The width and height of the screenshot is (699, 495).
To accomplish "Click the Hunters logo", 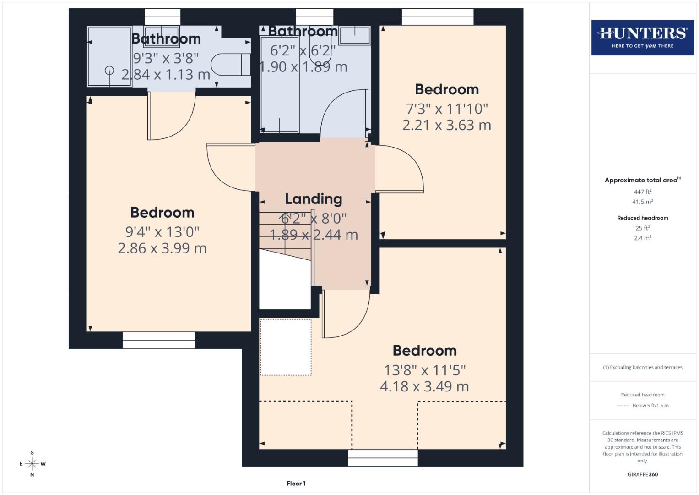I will point(642,38).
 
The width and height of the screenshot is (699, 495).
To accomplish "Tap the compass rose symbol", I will point(32,464).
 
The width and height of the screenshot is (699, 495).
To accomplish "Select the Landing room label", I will point(314,199).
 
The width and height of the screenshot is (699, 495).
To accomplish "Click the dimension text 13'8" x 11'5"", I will point(424,370).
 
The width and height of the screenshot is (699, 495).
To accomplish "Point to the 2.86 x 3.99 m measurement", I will point(162,248).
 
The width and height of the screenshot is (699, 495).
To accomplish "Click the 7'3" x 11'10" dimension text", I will point(447,109).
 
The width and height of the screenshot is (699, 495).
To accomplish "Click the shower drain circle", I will point(109,70).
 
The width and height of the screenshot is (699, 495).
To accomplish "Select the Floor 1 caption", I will point(296,484).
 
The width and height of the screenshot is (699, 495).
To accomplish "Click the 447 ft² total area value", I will point(642,192).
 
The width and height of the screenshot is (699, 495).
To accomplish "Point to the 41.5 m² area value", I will point(642,202).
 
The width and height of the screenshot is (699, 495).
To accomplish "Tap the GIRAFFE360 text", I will point(642,474).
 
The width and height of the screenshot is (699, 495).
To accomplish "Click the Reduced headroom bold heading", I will point(642,218).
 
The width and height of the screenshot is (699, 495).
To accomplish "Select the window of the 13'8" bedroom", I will point(383,457).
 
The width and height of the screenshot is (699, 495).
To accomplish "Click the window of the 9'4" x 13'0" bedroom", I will point(158,340).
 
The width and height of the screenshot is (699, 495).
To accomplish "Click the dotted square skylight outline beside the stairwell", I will point(286,347).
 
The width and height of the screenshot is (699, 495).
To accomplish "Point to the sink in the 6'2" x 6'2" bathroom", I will point(355,35).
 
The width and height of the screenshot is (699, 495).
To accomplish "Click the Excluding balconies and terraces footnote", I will point(642,367).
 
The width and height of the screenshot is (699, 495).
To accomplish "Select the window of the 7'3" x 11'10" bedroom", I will point(438,17).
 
